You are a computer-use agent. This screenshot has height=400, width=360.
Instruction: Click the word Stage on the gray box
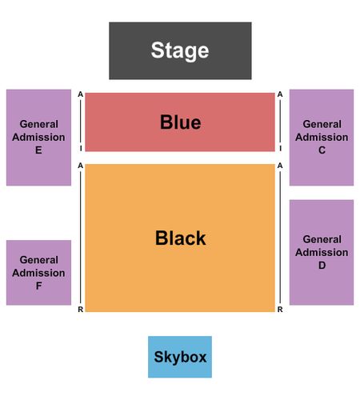(180, 50)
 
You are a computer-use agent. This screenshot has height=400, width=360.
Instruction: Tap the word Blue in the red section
(180, 122)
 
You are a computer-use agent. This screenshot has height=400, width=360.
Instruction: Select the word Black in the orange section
(180, 238)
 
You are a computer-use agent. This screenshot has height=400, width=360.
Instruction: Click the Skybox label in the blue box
(180, 357)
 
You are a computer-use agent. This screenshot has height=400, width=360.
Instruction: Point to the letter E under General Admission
(38, 150)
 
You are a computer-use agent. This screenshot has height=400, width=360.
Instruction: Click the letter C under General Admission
(322, 150)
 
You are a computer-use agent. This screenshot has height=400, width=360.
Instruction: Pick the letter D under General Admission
(322, 266)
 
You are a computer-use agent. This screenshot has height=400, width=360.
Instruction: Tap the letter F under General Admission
(38, 286)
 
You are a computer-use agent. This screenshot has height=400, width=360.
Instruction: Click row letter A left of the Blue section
(81, 94)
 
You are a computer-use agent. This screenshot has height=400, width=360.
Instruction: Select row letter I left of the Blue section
(81, 148)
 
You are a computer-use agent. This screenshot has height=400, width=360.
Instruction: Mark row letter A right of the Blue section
(280, 94)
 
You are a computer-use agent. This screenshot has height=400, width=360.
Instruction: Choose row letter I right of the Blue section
(280, 148)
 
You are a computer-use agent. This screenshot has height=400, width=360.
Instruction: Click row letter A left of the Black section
(81, 166)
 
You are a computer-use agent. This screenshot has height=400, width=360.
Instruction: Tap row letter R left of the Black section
(81, 310)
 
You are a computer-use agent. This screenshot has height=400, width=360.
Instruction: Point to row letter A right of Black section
(280, 166)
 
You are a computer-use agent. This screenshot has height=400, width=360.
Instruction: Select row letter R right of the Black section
(280, 310)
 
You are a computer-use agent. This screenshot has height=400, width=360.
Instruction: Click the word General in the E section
(39, 124)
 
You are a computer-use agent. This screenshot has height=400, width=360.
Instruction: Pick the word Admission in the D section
(322, 252)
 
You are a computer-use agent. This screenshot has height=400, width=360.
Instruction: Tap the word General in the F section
(39, 260)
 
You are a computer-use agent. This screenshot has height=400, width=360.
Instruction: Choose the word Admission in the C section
(322, 137)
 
